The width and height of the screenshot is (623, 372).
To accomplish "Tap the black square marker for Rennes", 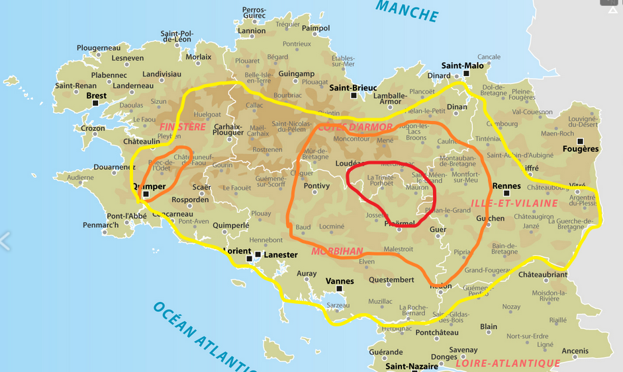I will (506, 194).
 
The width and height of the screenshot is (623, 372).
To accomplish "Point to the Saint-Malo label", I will (465, 65).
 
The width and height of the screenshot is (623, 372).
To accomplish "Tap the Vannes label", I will (340, 281).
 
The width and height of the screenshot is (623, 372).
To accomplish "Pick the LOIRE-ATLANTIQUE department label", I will (508, 363).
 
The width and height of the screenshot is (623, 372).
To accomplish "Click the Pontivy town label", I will (316, 186).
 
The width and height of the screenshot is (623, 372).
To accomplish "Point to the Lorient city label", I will (236, 252).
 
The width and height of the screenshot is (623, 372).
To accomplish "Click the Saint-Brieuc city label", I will (353, 87).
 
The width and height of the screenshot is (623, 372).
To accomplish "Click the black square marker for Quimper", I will (146, 194).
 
